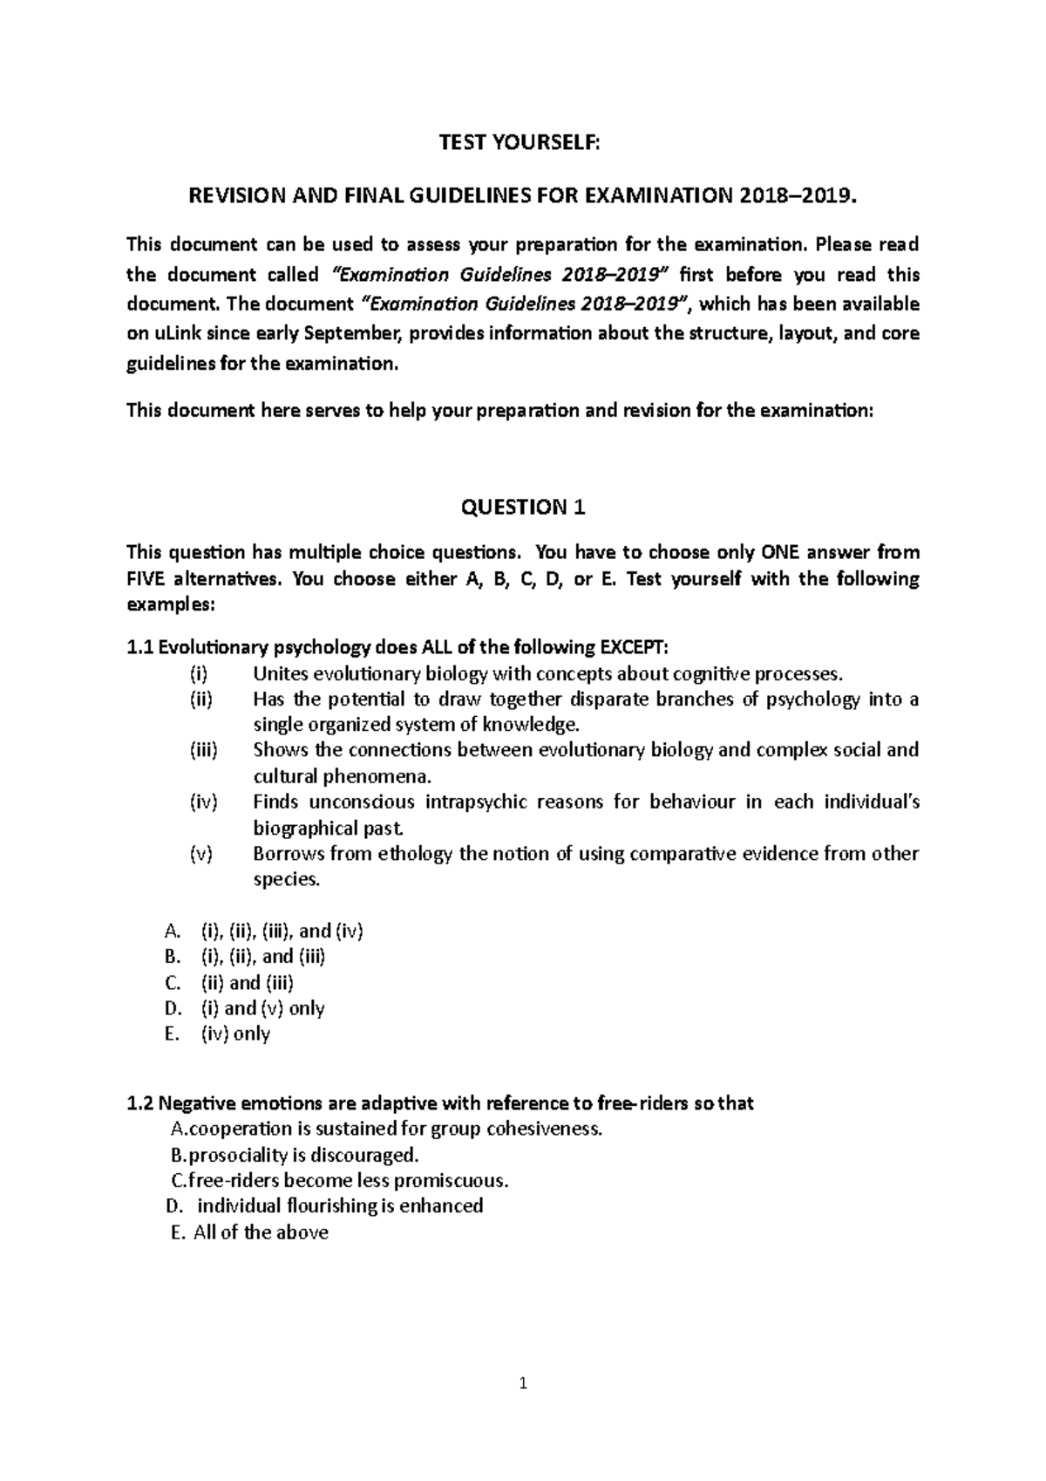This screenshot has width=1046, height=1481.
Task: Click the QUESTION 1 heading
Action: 522,507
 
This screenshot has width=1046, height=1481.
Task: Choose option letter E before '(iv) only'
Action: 171,1034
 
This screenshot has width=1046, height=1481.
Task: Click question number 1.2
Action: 139,1103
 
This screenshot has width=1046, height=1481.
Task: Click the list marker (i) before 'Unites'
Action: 199,673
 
